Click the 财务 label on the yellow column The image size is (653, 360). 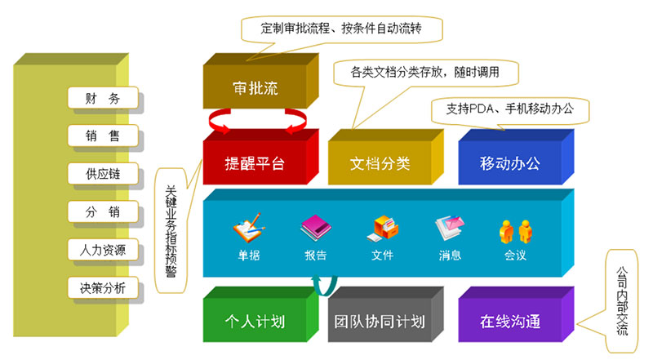[102, 100]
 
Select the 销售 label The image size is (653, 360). [102, 136]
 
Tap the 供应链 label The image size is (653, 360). [102, 174]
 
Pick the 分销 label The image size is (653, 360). [102, 212]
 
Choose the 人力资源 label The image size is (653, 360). [102, 250]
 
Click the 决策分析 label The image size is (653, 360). [102, 287]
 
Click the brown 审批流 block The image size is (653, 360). [255, 88]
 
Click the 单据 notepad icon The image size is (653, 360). [247, 229]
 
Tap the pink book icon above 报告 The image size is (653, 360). [315, 229]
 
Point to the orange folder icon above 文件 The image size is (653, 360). [382, 229]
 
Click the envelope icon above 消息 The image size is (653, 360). [450, 229]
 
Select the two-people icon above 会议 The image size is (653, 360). [515, 230]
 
